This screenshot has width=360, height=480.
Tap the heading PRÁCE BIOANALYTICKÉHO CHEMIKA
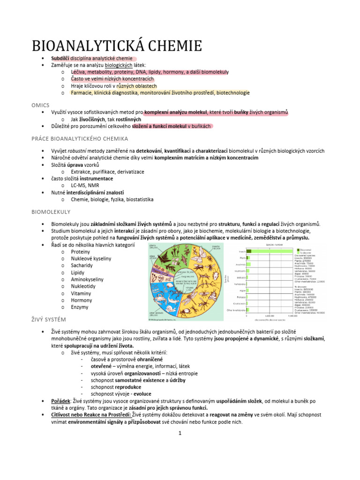80,139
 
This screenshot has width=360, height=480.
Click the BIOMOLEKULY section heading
51,212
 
